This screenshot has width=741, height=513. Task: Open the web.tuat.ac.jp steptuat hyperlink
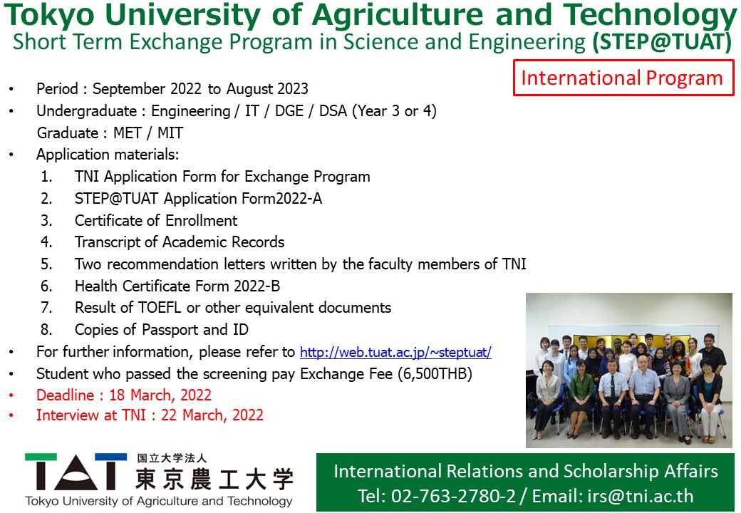395,353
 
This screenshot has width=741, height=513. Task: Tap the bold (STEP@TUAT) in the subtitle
662,41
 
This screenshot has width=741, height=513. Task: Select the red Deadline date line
124,395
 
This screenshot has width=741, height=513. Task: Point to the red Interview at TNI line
150,415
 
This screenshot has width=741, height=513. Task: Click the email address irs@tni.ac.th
641,496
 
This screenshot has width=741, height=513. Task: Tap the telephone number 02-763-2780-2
453,496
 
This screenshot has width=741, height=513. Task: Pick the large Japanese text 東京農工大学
214,479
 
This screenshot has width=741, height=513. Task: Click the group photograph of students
629,370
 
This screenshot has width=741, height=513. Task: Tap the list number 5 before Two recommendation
46,264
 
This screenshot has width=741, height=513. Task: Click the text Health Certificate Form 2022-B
177,286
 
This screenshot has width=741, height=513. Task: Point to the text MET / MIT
148,133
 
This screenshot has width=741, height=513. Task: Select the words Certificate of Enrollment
156,221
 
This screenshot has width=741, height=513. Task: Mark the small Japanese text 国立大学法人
172,458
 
